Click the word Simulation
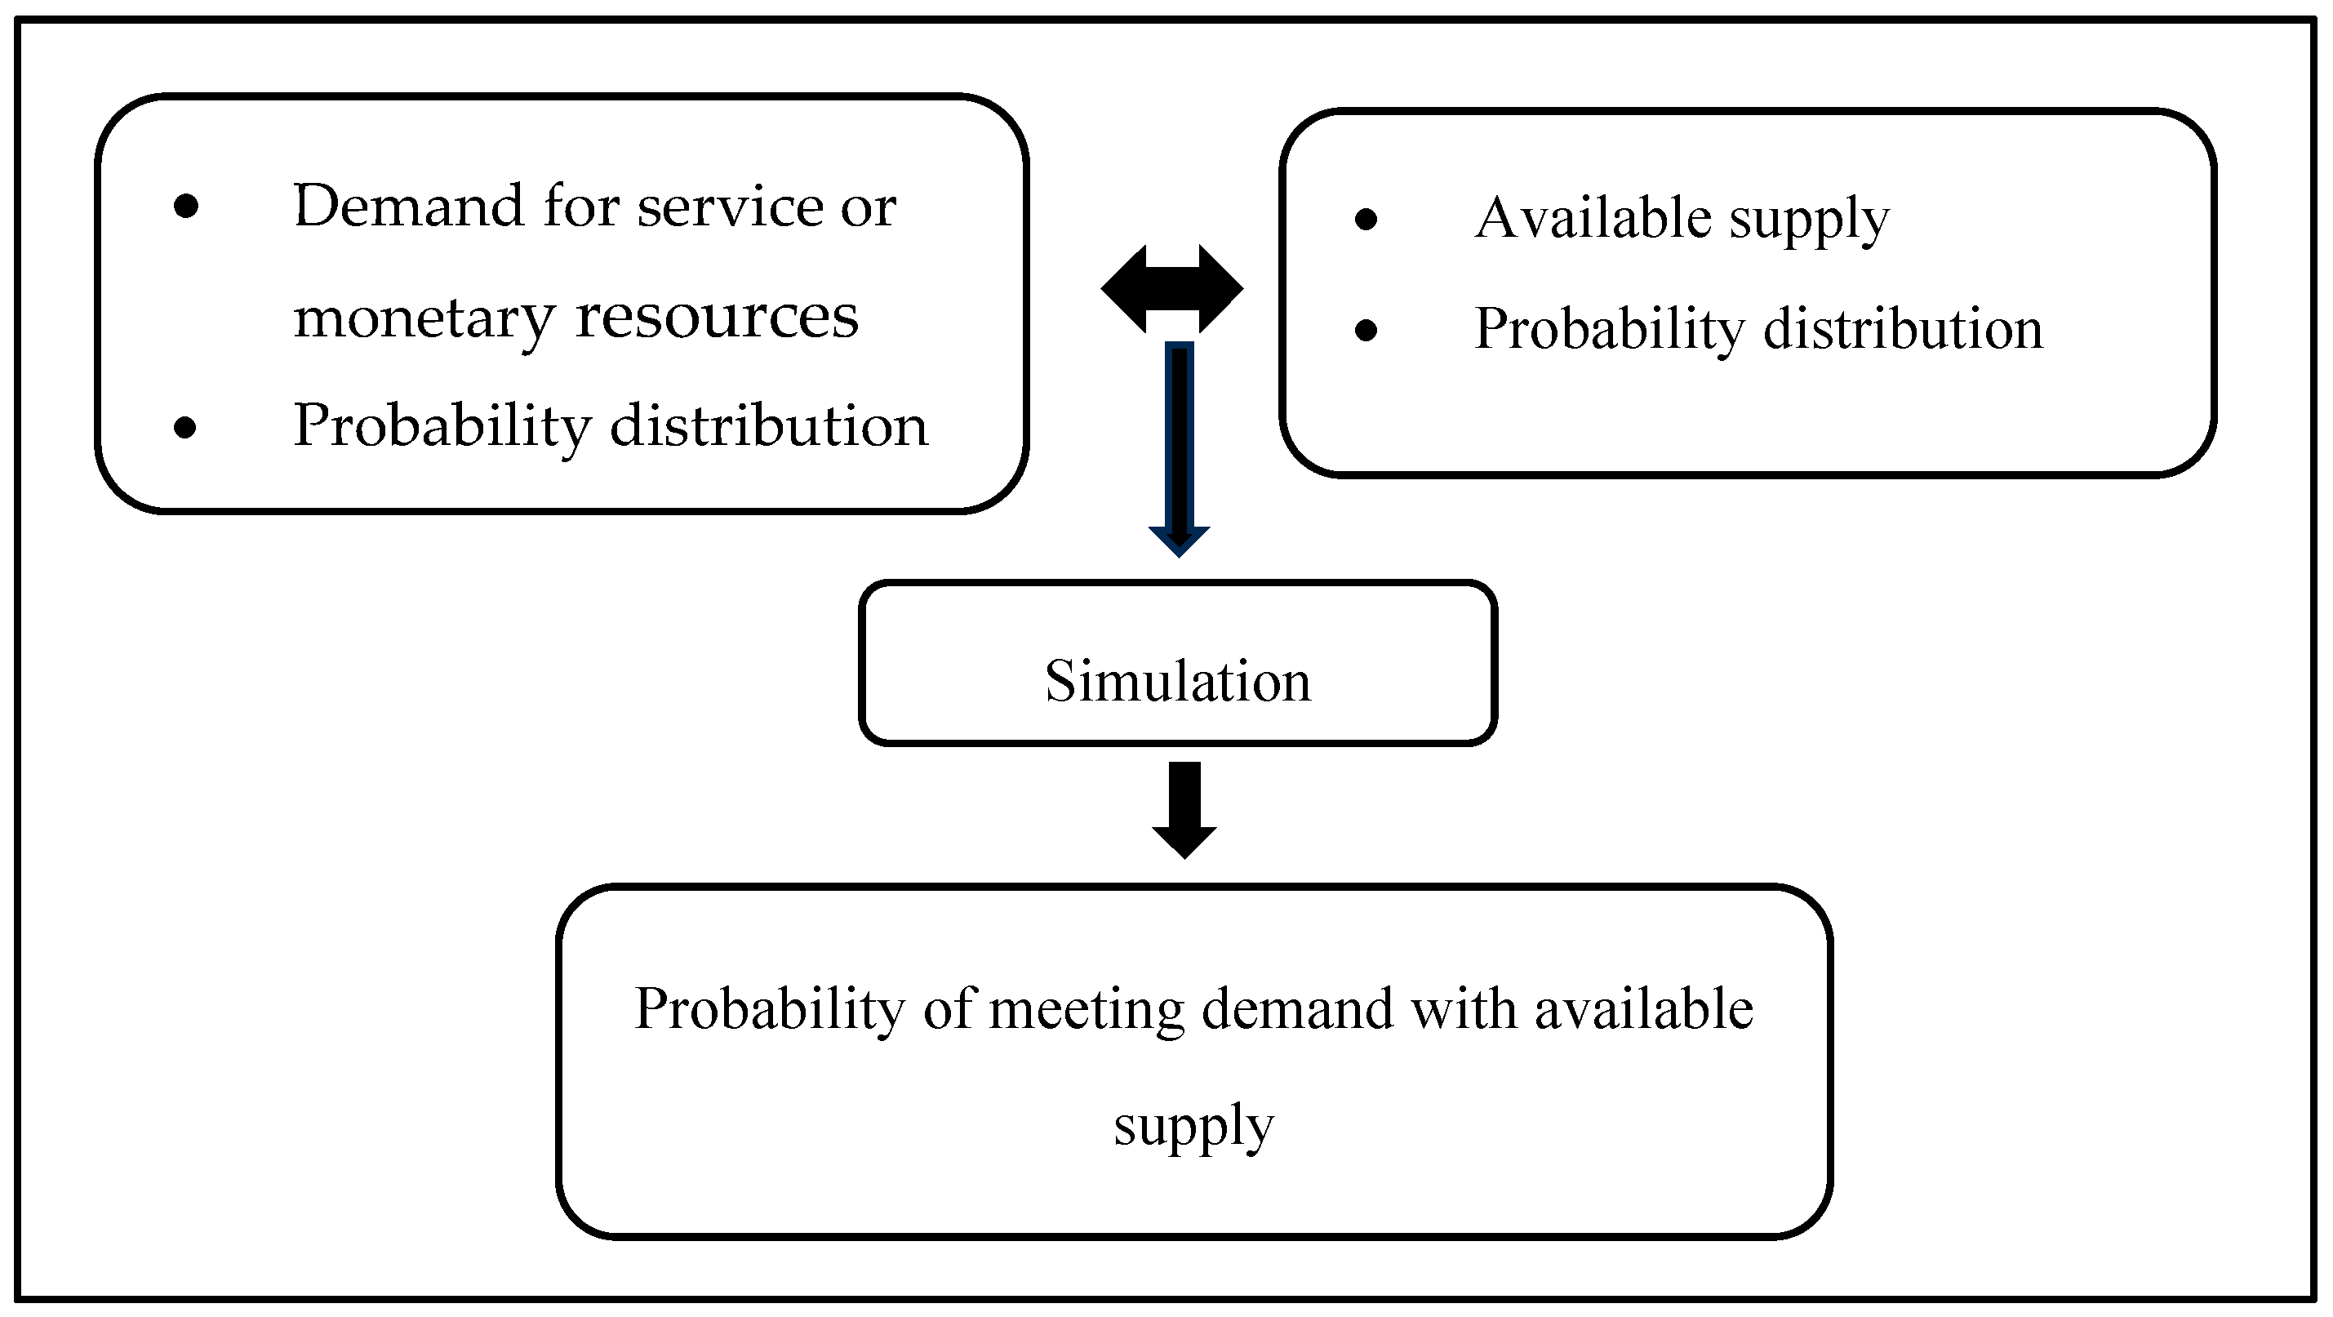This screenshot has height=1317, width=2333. (1177, 681)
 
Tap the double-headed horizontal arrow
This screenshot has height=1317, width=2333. (1172, 289)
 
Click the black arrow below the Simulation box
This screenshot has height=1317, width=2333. (1184, 809)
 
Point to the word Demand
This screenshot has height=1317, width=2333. (408, 206)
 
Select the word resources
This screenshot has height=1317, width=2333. (717, 317)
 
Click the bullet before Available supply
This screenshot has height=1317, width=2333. (1366, 219)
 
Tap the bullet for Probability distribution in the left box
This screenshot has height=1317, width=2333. (184, 427)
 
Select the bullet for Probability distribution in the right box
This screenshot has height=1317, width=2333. (1366, 331)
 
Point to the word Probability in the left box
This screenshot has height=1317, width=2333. (442, 425)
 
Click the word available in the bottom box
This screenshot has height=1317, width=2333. (1644, 1009)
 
